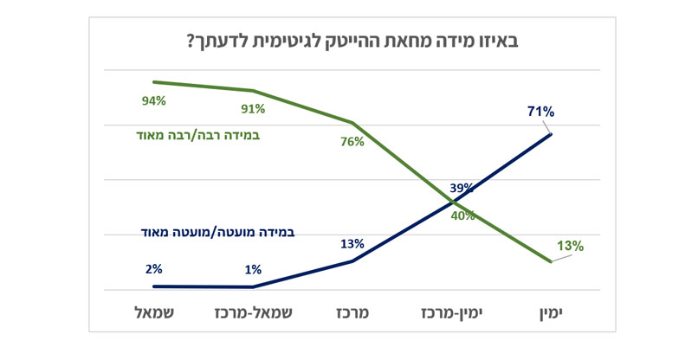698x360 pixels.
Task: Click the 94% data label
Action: pyautogui.click(x=154, y=100)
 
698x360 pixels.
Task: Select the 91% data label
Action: pyautogui.click(x=253, y=109)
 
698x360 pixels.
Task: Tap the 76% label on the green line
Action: pyautogui.click(x=352, y=143)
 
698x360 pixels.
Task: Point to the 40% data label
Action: pyautogui.click(x=462, y=216)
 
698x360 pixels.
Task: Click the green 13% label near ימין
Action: pyautogui.click(x=570, y=246)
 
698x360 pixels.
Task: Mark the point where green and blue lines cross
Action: pyautogui.click(x=454, y=202)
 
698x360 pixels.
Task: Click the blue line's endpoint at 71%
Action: pyautogui.click(x=551, y=134)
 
